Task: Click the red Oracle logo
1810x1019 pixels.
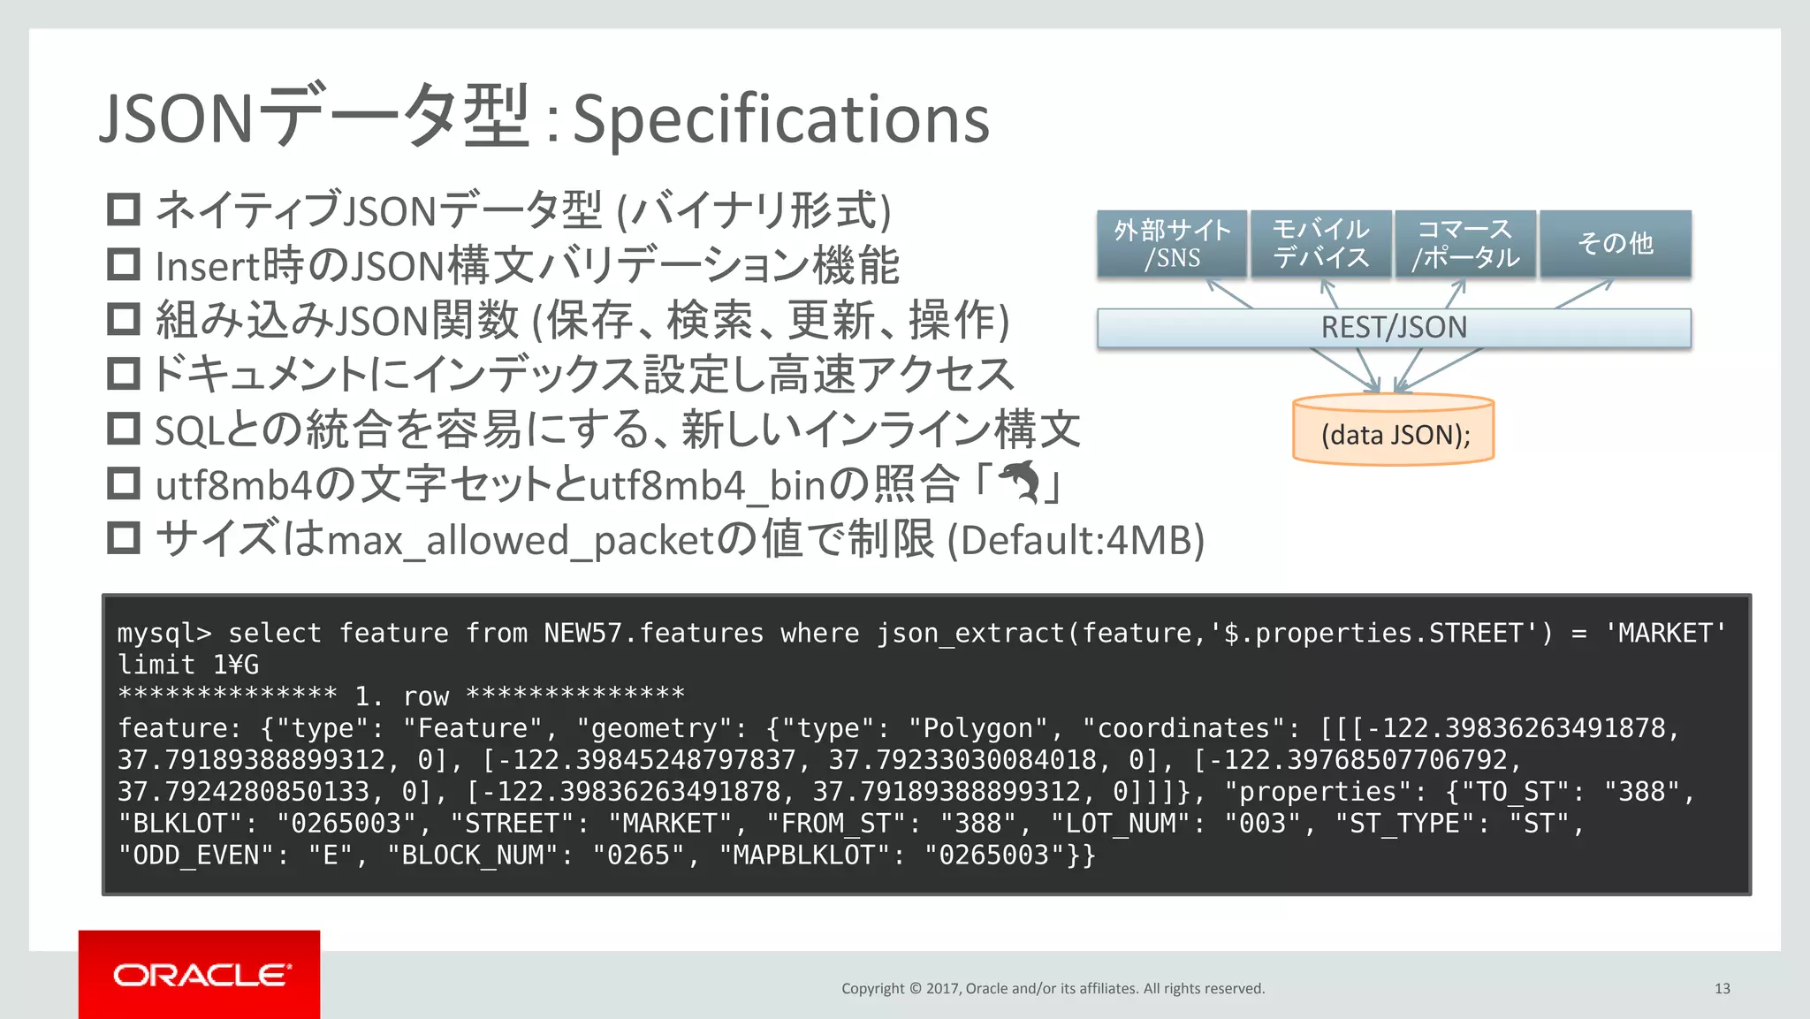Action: coord(200,974)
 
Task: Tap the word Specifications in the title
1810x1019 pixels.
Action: coord(781,119)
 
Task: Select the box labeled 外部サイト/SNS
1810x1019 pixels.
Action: coord(1172,244)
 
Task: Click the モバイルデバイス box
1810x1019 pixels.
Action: coord(1320,244)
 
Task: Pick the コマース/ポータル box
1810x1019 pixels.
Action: coord(1465,244)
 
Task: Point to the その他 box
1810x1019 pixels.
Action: coord(1615,244)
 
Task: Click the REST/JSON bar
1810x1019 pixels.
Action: coord(1394,328)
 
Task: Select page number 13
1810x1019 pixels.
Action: coord(1722,988)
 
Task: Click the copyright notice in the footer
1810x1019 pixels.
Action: coord(1053,988)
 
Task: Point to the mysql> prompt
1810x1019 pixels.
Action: coord(164,633)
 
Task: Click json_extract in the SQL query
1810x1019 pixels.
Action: coord(970,633)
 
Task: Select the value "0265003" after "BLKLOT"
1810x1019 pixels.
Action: coord(346,824)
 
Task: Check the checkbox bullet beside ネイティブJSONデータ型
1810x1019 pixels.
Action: coord(124,210)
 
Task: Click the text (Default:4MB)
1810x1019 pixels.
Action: coord(1076,540)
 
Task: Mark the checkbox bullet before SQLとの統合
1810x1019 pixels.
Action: coord(124,430)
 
